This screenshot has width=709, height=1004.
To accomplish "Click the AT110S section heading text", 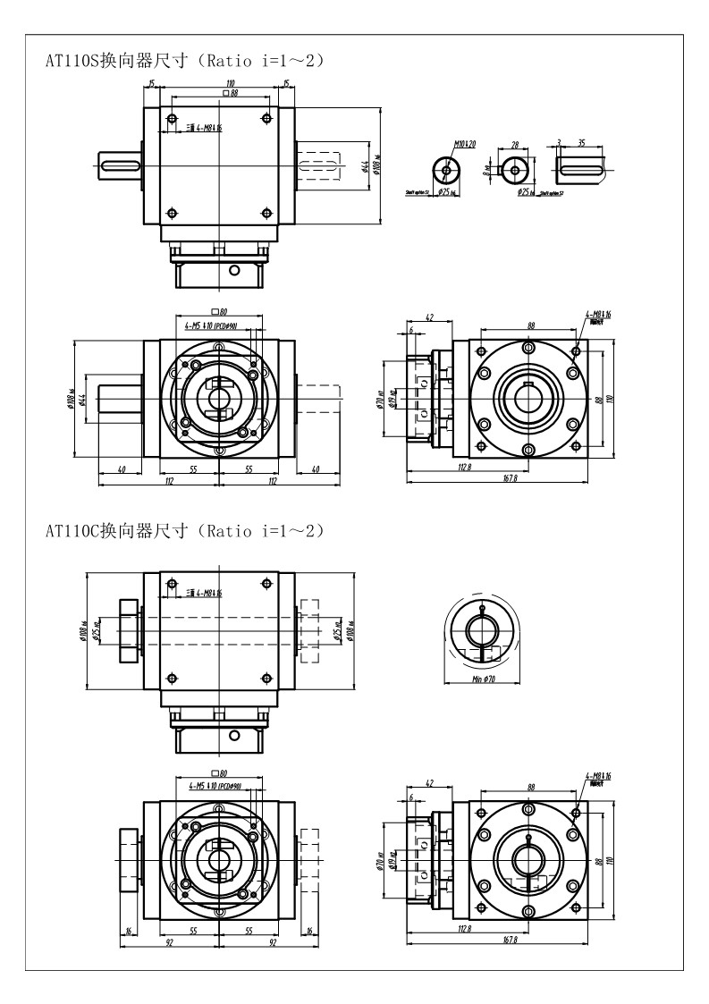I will click(184, 61).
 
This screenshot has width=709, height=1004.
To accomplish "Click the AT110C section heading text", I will click(184, 530).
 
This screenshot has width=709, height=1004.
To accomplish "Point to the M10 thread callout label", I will click(464, 143).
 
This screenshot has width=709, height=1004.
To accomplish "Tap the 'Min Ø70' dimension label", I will click(482, 679).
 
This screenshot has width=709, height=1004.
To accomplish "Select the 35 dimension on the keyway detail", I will click(582, 141).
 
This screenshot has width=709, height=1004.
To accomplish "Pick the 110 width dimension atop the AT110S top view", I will click(218, 83).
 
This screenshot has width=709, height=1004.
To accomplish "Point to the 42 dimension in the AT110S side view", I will click(429, 317).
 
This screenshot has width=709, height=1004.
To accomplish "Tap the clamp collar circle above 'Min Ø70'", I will click(482, 630).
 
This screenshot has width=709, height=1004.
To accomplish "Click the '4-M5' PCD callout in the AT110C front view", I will click(216, 786).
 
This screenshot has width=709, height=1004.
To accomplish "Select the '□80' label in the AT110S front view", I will click(217, 313).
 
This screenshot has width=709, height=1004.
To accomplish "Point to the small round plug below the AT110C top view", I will click(234, 735).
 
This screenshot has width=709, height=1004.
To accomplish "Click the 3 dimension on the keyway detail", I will click(558, 141).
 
